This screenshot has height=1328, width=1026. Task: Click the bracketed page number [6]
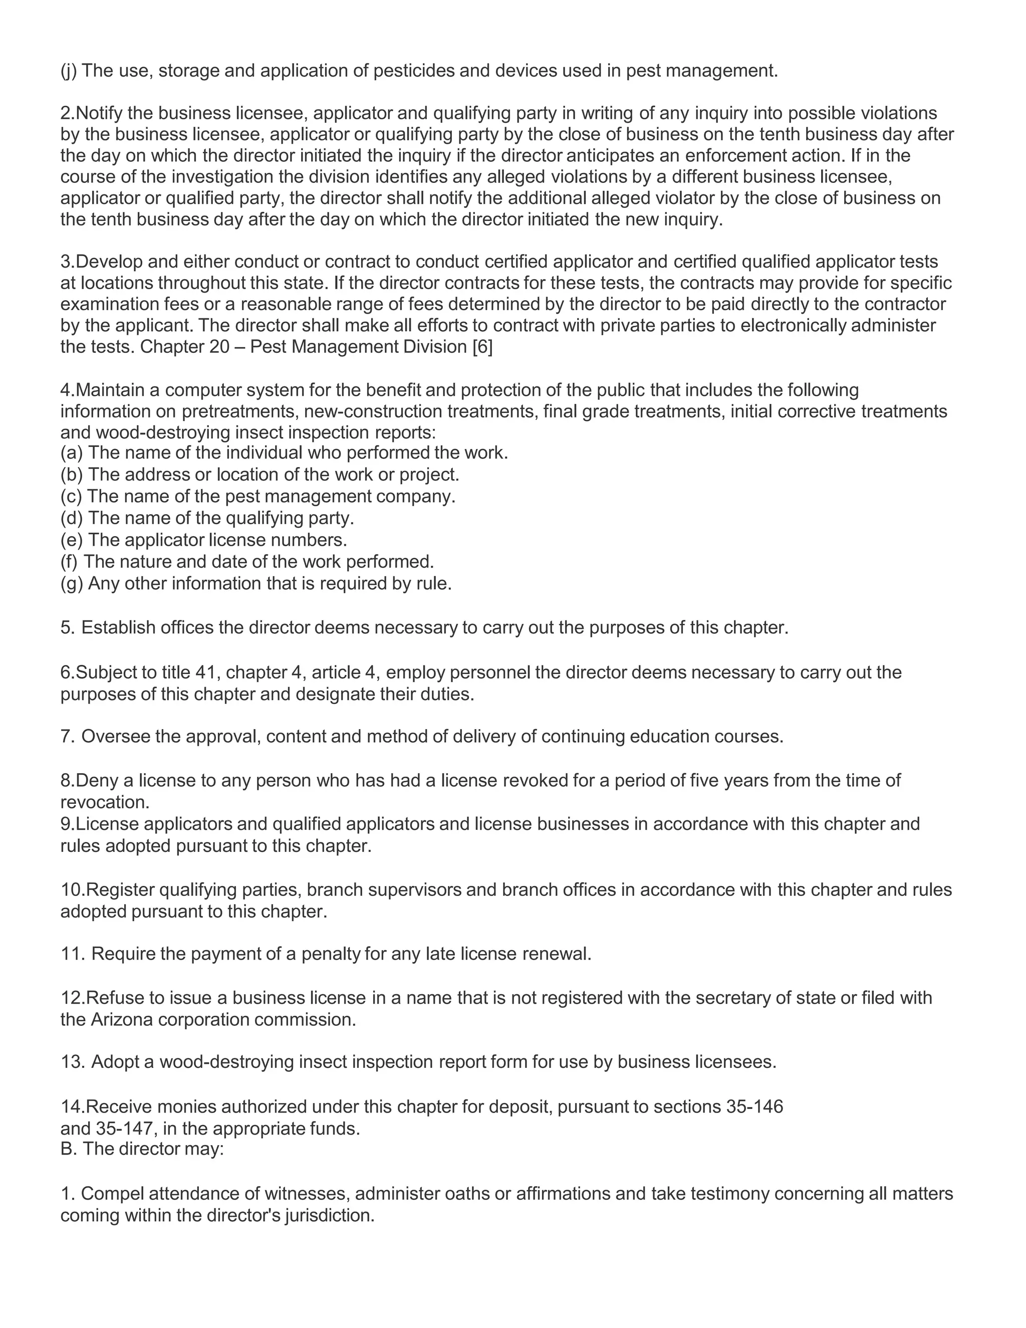[x=482, y=347]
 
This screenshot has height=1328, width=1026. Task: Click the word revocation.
[x=105, y=803]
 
